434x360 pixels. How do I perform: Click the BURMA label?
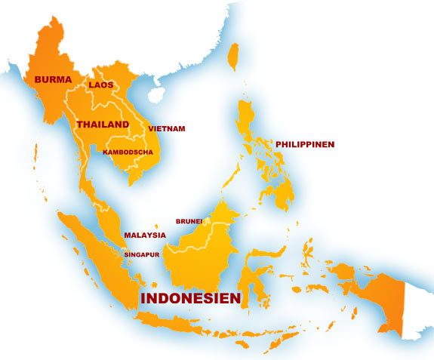pyautogui.click(x=47, y=78)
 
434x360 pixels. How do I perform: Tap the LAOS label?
pyautogui.click(x=100, y=85)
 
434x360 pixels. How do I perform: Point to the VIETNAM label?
pyautogui.click(x=167, y=129)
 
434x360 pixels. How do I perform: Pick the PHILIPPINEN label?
pyautogui.click(x=305, y=143)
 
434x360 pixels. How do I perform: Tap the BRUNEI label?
pyautogui.click(x=189, y=221)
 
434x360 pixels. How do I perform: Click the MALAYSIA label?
pyautogui.click(x=145, y=235)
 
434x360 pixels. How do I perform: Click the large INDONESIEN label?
pyautogui.click(x=191, y=299)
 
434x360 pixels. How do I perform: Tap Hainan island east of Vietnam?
pyautogui.click(x=157, y=95)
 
